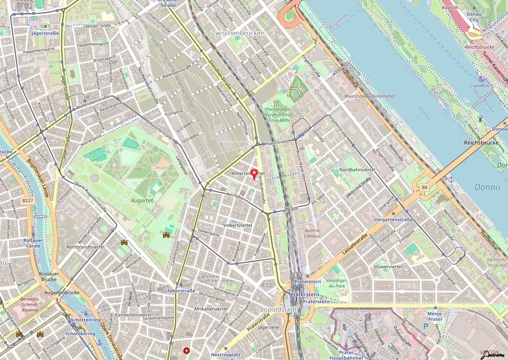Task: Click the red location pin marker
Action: click(254, 174)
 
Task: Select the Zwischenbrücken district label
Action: click(238, 33)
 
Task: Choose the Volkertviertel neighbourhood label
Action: click(238, 225)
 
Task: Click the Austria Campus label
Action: click(312, 233)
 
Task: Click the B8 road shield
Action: click(424, 187)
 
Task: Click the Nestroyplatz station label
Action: click(225, 355)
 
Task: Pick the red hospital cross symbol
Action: click(187, 351)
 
